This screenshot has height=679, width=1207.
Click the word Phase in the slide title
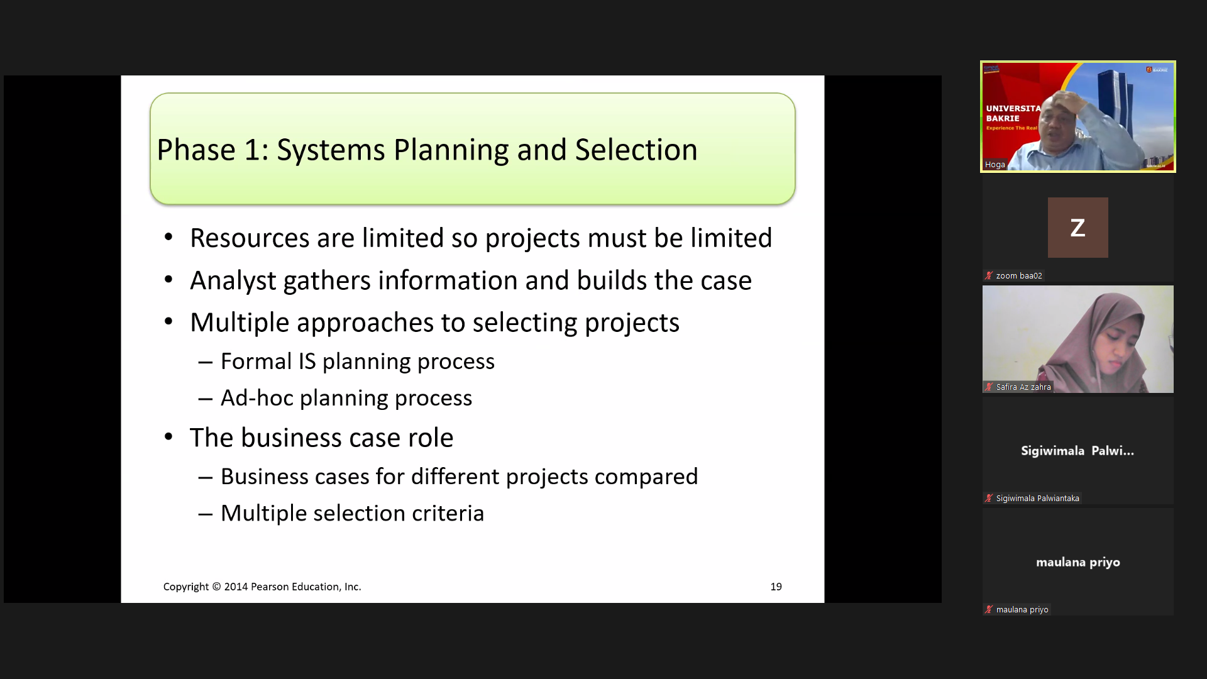(x=196, y=150)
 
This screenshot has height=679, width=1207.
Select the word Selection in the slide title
(x=636, y=150)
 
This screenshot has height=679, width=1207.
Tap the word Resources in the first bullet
(x=250, y=238)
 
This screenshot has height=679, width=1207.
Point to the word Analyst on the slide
(x=233, y=281)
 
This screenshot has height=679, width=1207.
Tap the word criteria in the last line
(x=448, y=513)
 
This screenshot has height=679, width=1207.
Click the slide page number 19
(x=776, y=587)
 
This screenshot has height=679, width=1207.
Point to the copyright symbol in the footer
(x=216, y=587)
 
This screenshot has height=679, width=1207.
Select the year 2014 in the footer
(x=236, y=587)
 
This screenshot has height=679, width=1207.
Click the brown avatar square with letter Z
(x=1078, y=228)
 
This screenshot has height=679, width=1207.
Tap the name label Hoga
(x=995, y=165)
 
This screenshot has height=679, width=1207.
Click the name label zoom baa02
(x=1019, y=276)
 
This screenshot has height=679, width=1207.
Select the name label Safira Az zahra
(x=1023, y=387)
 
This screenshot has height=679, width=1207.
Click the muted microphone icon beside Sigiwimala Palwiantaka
(x=989, y=499)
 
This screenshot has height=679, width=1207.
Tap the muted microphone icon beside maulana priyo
(x=989, y=610)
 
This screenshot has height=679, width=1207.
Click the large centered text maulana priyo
(x=1078, y=563)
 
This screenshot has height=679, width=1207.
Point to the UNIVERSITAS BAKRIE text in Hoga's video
(x=1013, y=113)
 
